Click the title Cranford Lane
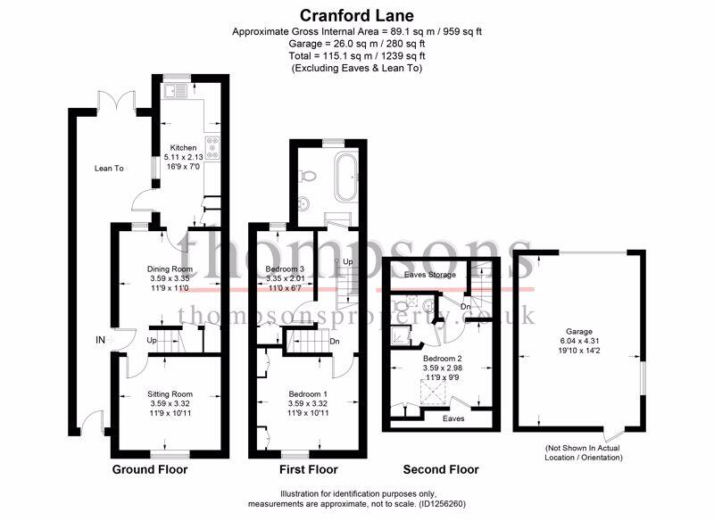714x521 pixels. coord(356,15)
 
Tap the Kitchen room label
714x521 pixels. coord(183,148)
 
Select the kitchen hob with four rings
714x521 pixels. coord(212,148)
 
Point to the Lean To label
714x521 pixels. coord(109,169)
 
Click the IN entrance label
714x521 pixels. coord(100,340)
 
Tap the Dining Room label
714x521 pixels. coord(170,269)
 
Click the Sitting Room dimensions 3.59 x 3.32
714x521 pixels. coord(170,403)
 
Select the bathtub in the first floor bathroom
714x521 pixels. coord(347,178)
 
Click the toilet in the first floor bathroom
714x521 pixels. coord(306,176)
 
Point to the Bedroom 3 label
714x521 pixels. coord(285,269)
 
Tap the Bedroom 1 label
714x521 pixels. coord(308,394)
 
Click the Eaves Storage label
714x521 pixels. coord(430,275)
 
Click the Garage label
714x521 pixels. coord(579,332)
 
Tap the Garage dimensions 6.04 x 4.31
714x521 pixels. coord(579,341)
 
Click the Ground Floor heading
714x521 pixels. coord(150,469)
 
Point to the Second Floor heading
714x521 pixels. coord(441,469)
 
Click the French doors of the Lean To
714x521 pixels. coord(117,101)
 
